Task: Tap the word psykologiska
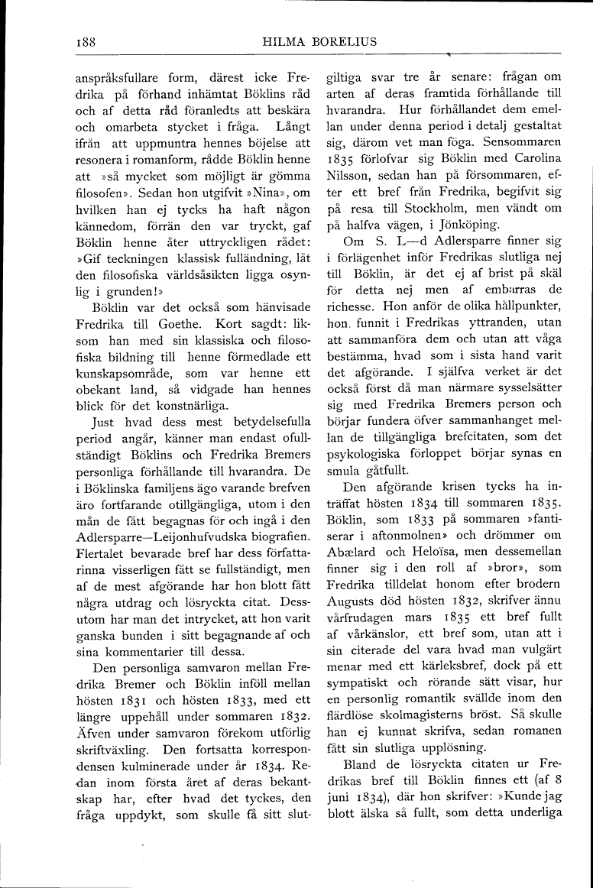click(x=360, y=453)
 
